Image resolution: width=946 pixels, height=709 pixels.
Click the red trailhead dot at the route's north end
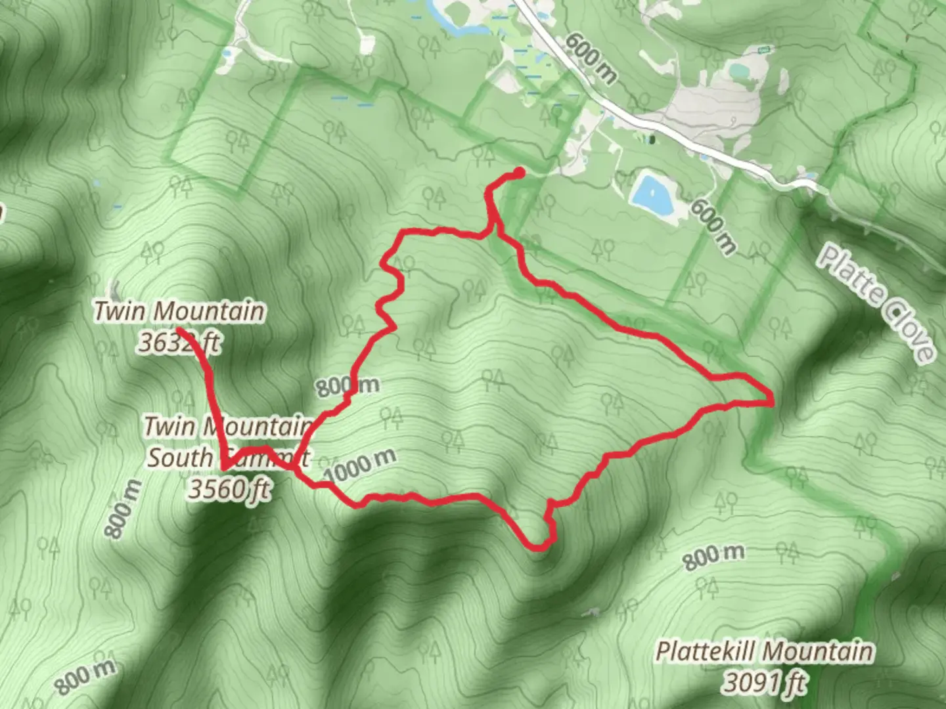pos(519,173)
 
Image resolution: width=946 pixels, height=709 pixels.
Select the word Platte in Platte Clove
pos(849,272)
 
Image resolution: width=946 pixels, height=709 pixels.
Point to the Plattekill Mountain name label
pos(765,652)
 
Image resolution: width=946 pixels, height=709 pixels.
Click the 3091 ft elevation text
pos(765,683)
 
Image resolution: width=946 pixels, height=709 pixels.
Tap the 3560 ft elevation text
pos(229,489)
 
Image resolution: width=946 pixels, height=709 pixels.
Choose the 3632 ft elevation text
pos(179,342)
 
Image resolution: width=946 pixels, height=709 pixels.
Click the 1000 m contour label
pos(360,465)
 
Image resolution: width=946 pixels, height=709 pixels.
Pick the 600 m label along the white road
pos(591,59)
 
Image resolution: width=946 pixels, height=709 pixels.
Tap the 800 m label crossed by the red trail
pos(348,386)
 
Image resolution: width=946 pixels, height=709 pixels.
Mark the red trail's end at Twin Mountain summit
pos(179,328)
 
